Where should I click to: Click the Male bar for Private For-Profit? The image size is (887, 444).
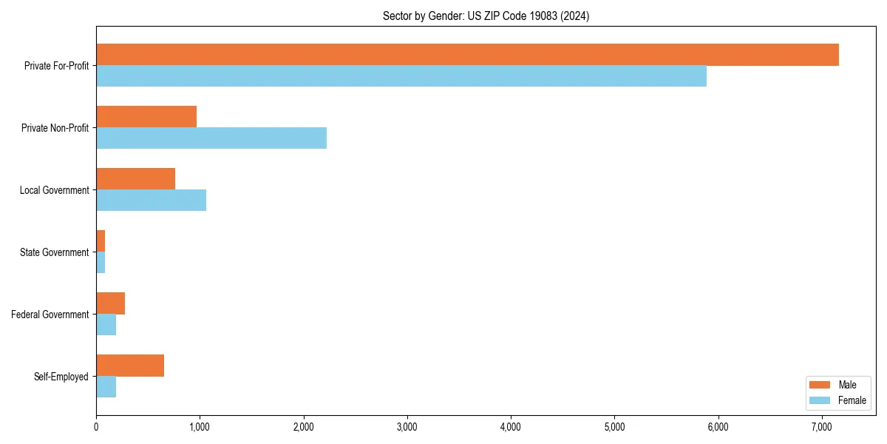pyautogui.click(x=467, y=55)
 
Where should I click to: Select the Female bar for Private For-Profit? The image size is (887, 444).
pyautogui.click(x=401, y=76)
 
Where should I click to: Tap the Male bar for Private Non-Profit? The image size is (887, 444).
pyautogui.click(x=146, y=117)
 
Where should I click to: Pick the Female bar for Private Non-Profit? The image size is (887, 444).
pyautogui.click(x=211, y=138)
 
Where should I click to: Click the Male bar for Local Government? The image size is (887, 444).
pyautogui.click(x=136, y=179)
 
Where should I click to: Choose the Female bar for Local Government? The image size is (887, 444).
pyautogui.click(x=152, y=201)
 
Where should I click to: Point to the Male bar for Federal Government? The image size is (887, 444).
pyautogui.click(x=111, y=303)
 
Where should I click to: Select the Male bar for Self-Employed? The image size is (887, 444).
pyautogui.click(x=130, y=366)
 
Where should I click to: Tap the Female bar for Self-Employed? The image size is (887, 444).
pyautogui.click(x=106, y=387)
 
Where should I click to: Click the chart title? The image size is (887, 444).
pyautogui.click(x=486, y=16)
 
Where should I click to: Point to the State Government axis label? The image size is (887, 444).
pyautogui.click(x=54, y=252)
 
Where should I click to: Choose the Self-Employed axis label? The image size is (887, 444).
pyautogui.click(x=61, y=377)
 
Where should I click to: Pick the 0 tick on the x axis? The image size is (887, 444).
pyautogui.click(x=96, y=426)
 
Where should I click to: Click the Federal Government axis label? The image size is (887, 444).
pyautogui.click(x=50, y=314)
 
